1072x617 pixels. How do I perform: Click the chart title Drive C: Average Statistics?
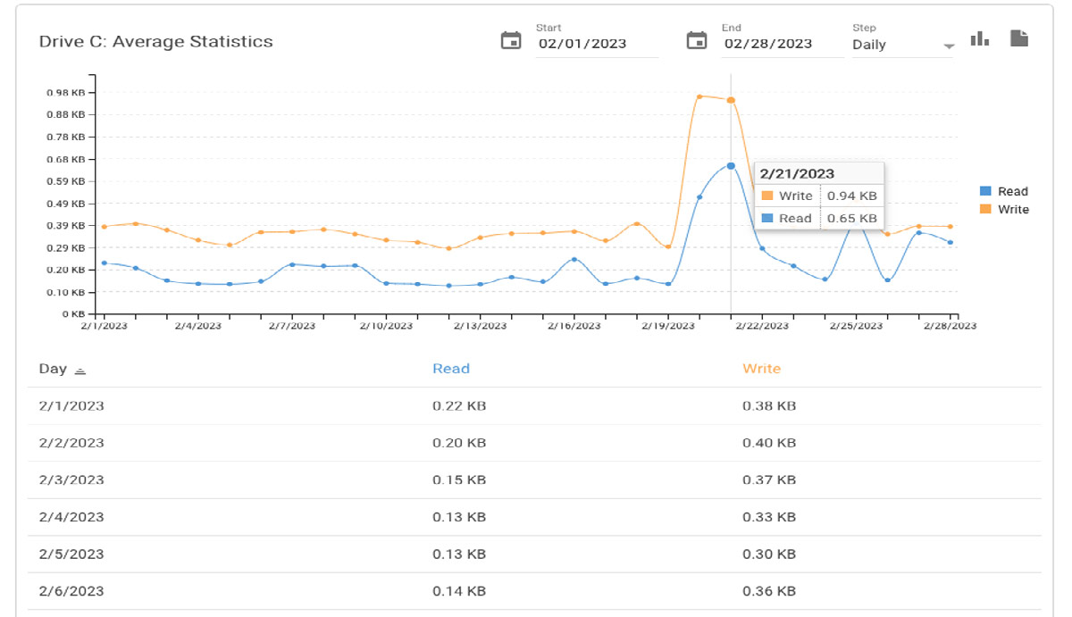[156, 42]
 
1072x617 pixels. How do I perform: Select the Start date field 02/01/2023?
[582, 44]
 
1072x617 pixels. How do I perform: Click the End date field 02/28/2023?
[768, 44]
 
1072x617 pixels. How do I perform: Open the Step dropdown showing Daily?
[902, 45]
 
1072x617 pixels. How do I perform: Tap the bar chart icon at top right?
[980, 38]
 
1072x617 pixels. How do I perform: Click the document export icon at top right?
[1019, 38]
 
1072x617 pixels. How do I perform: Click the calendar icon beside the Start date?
[511, 41]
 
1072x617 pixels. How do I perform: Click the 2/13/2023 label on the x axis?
[481, 326]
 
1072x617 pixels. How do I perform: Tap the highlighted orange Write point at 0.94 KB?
[731, 100]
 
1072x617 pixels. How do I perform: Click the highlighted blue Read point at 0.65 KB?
[731, 166]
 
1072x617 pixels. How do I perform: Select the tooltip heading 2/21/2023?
[797, 174]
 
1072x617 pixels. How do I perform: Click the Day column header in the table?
[53, 369]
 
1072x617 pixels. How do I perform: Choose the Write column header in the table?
[761, 369]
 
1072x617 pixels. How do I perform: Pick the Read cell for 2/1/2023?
[459, 406]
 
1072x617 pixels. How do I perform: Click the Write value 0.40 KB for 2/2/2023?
[768, 443]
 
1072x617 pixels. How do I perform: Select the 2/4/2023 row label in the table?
[71, 517]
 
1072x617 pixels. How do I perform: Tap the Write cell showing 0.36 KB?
[768, 591]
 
